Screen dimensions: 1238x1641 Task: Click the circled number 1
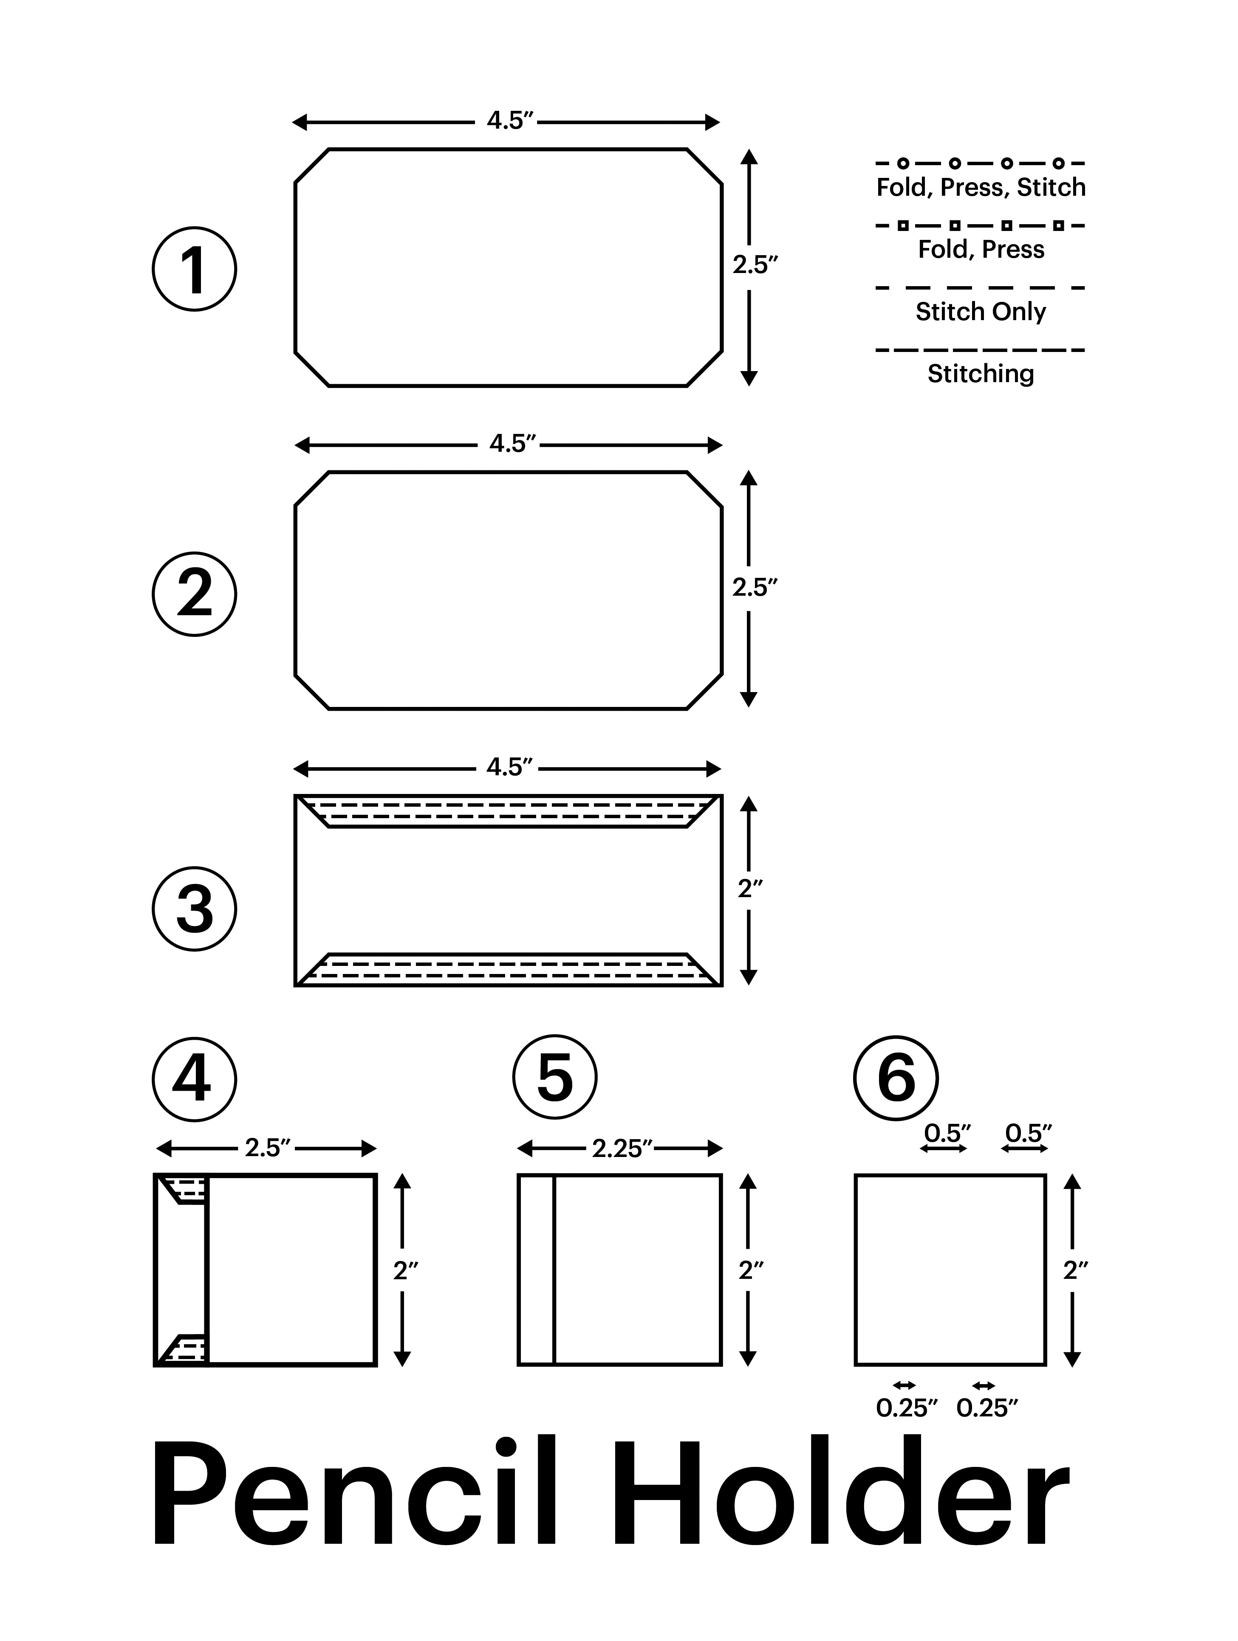pyautogui.click(x=195, y=269)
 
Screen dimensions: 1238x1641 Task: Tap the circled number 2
pyautogui.click(x=195, y=594)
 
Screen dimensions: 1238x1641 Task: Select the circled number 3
pyautogui.click(x=195, y=909)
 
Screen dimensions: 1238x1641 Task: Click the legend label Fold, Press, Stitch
pyautogui.click(x=981, y=188)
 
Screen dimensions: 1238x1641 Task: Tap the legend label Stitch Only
pyautogui.click(x=981, y=312)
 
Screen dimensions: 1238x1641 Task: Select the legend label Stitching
pyautogui.click(x=981, y=373)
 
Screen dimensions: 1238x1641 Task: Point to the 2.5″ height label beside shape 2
pyautogui.click(x=755, y=588)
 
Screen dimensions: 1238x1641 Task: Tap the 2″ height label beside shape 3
pyautogui.click(x=749, y=888)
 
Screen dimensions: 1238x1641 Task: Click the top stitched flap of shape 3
pyautogui.click(x=509, y=812)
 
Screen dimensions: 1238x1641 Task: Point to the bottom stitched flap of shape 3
pyautogui.click(x=509, y=970)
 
